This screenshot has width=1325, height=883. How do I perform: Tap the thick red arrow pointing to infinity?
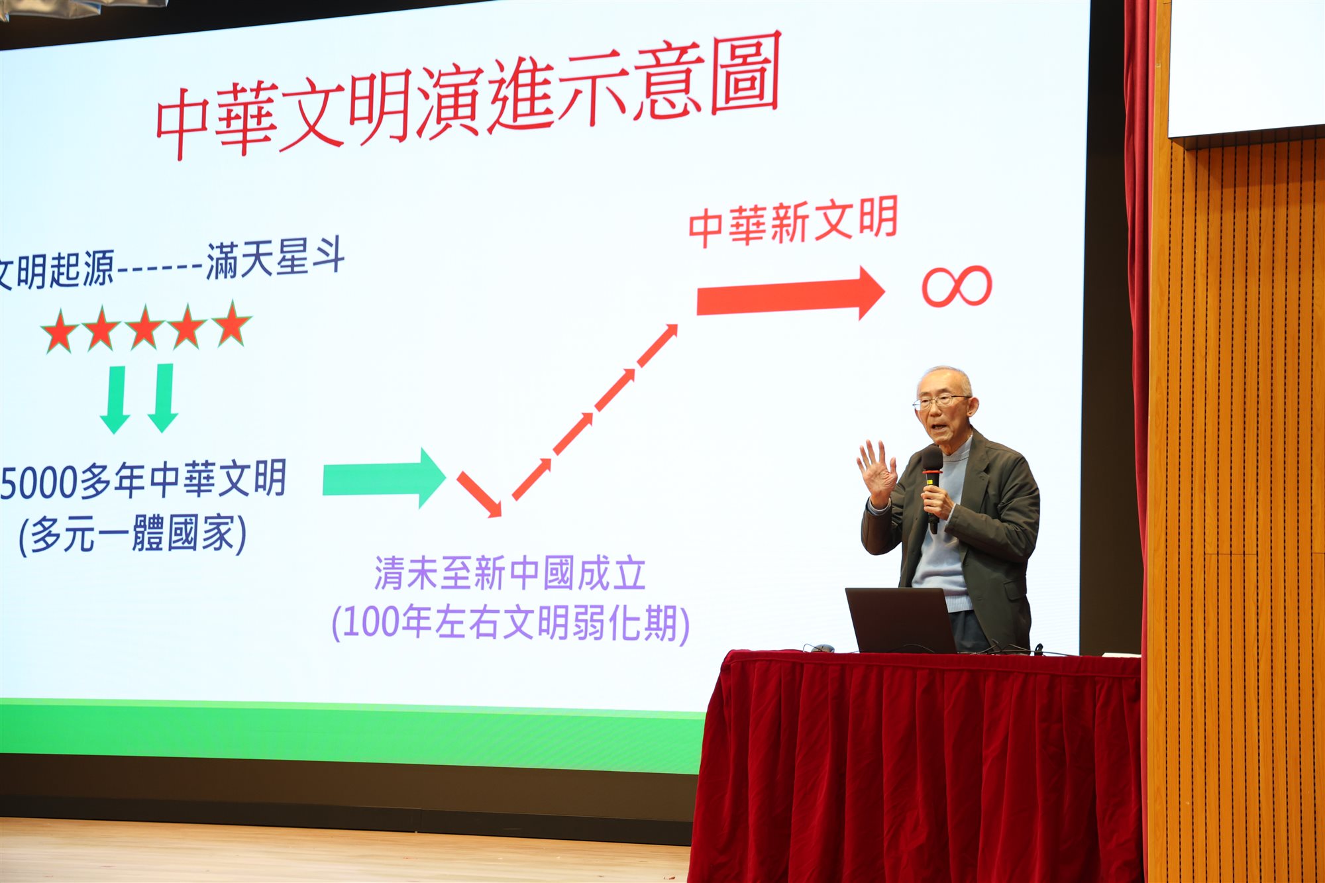coord(790,294)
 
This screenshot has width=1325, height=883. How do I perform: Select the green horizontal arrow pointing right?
coord(384,478)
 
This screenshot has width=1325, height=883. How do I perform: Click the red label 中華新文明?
coord(793,222)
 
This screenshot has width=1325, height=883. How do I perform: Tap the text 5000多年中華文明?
coord(143,480)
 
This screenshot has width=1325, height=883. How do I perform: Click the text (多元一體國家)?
coord(132,534)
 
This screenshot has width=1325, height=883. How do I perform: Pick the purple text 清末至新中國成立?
coord(510,573)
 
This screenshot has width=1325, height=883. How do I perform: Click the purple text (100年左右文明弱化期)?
coord(510,623)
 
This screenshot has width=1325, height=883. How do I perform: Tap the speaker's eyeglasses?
coord(941,401)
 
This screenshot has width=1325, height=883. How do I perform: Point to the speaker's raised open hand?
coord(877,472)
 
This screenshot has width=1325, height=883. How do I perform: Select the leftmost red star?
coord(60,331)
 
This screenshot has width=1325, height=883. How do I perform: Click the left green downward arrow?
coord(115,399)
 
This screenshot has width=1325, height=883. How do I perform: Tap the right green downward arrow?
coord(163,398)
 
